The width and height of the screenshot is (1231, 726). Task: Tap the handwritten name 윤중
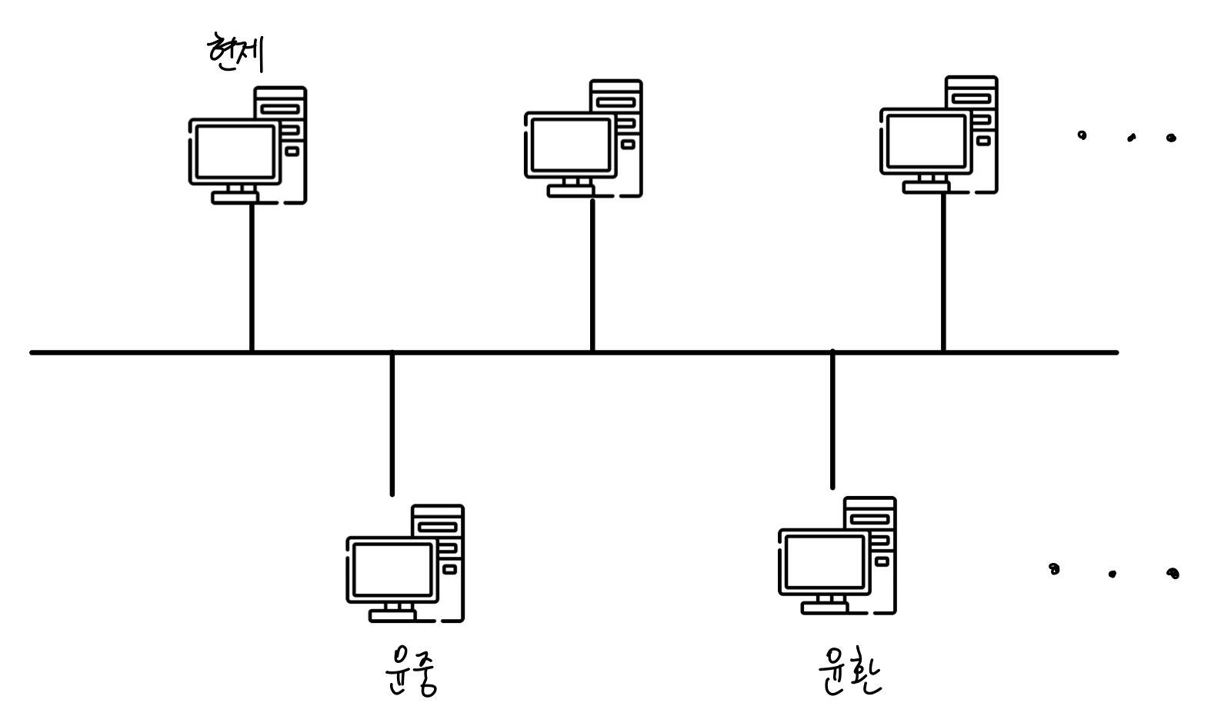point(411,671)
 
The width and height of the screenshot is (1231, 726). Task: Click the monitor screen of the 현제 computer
point(235,151)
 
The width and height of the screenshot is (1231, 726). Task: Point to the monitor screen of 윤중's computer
point(392,569)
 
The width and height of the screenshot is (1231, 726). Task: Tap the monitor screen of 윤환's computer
point(824,561)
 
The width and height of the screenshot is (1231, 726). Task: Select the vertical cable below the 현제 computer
point(252,277)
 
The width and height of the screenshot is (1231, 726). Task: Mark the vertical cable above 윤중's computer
point(392,423)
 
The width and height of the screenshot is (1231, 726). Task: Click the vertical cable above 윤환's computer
point(832,419)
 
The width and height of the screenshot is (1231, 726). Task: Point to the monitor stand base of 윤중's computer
point(392,615)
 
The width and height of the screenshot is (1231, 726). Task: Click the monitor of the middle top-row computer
point(570,144)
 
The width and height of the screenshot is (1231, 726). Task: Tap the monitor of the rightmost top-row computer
point(926,140)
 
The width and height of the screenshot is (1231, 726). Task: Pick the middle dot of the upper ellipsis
point(1131,139)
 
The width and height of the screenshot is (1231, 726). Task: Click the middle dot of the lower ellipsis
point(1112,574)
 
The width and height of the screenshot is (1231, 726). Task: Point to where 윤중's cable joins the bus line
point(392,353)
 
